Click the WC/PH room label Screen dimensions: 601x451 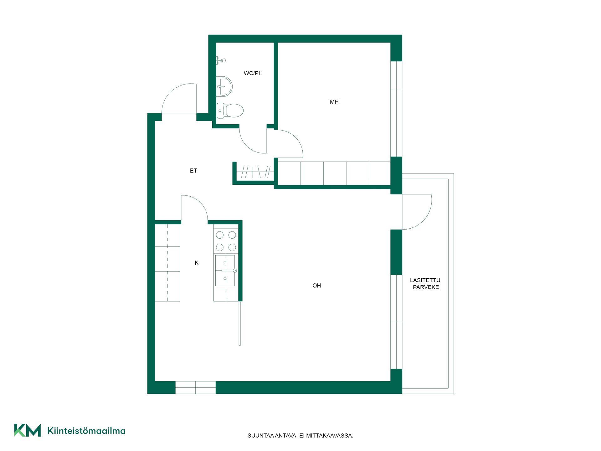click(x=253, y=73)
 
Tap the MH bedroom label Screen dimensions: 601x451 click(x=334, y=102)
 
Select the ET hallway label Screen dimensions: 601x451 click(x=193, y=171)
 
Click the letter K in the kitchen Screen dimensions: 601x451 click(x=197, y=263)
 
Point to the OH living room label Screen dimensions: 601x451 click(x=316, y=286)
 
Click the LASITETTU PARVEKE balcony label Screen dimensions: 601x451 click(x=425, y=284)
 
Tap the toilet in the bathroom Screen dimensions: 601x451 click(x=230, y=111)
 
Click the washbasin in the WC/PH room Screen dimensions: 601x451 click(x=224, y=86)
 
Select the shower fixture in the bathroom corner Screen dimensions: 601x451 click(x=221, y=60)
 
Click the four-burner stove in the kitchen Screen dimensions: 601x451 click(x=226, y=241)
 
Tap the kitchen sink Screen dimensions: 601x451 click(x=225, y=271)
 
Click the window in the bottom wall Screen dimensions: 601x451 click(x=195, y=388)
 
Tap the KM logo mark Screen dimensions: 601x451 click(x=27, y=430)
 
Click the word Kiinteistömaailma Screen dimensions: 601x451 click(x=86, y=431)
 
